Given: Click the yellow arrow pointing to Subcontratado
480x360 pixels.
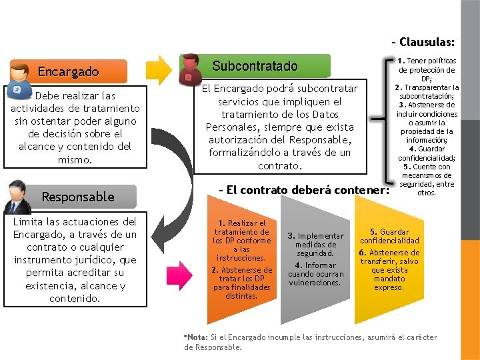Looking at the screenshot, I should point(160,68).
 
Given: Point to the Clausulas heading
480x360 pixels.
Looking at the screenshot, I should point(427,42).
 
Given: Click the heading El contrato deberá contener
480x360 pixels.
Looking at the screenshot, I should point(304,190).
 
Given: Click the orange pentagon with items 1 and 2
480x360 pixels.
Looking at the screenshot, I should point(240,263).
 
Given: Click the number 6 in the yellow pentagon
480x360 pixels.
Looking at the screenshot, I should point(362,253).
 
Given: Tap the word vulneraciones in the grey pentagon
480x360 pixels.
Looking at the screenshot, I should point(315,282).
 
